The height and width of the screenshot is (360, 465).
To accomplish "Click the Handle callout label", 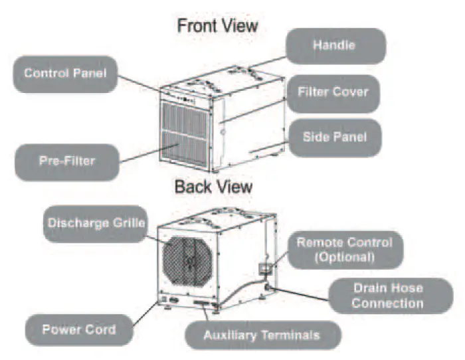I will click(x=335, y=46).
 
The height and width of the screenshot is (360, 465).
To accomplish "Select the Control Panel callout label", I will click(x=65, y=73).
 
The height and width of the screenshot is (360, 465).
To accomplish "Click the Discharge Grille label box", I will click(x=96, y=223).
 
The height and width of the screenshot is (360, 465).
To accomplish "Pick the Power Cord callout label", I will click(x=78, y=329).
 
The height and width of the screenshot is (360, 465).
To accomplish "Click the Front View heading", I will click(x=217, y=26).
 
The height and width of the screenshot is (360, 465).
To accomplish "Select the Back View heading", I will click(x=213, y=187).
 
